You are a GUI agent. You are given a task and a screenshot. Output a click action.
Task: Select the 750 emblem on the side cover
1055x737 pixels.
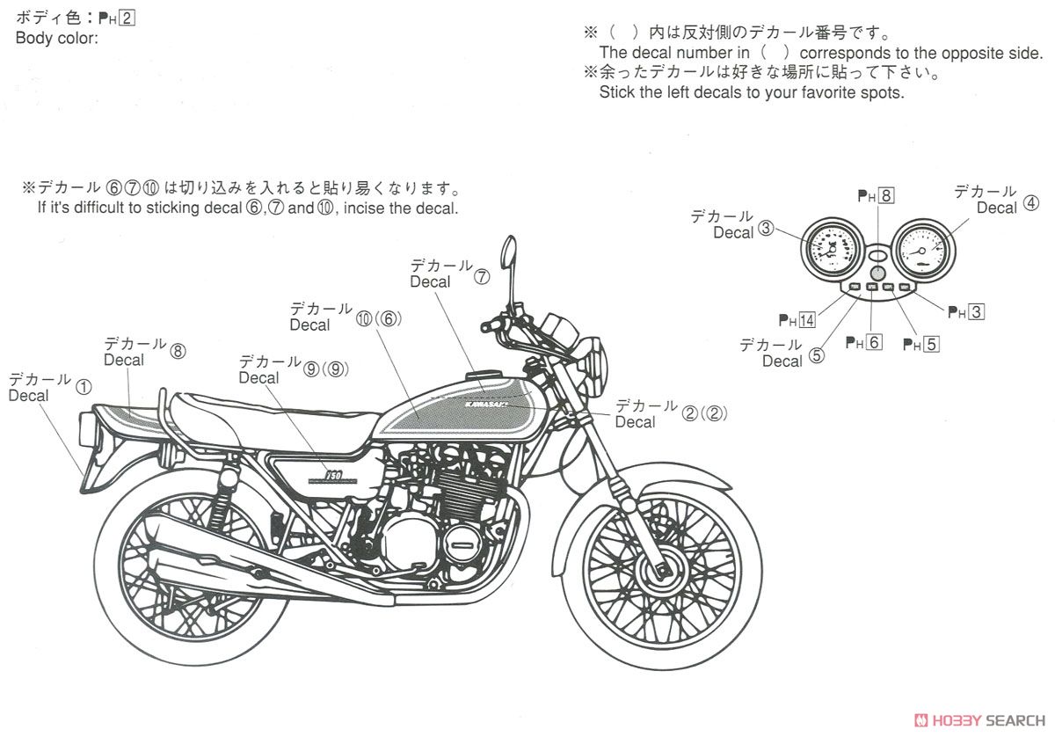(333, 475)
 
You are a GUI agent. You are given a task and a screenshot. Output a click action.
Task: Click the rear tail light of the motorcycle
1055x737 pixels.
(86, 429)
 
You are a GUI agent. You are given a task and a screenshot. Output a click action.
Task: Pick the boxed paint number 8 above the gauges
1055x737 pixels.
(885, 195)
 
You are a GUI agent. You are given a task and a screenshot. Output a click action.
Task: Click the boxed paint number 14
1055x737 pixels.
(806, 320)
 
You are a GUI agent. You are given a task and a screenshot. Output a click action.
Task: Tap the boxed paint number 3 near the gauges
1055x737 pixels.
(976, 312)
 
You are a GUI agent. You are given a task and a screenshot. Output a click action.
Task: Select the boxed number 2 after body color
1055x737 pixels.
(127, 18)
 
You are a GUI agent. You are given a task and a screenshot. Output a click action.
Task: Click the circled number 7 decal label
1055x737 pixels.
(482, 277)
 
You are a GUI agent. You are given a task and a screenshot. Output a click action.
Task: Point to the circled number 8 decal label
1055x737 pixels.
(178, 352)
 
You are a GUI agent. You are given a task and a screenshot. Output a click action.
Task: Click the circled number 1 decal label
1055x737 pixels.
(84, 388)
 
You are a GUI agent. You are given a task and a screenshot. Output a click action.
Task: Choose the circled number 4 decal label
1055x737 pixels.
(1030, 203)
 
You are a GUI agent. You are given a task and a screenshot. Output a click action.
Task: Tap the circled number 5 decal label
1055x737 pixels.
(817, 355)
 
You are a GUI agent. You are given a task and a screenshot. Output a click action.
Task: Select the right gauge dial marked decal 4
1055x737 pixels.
(922, 251)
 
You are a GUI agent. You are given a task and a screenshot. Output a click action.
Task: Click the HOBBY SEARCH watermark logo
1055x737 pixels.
(979, 720)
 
